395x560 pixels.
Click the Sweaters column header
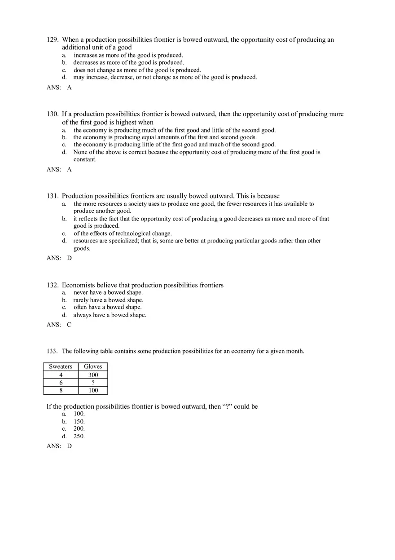coord(61,366)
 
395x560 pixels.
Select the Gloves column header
coord(93,366)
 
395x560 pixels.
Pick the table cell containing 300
coord(93,375)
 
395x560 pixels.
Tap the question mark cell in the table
coord(93,383)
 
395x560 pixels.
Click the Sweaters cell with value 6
coord(61,383)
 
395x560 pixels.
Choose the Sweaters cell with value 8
coord(61,390)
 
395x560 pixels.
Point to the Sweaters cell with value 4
coord(61,375)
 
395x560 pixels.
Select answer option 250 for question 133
coord(79,436)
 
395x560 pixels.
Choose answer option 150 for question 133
coord(79,422)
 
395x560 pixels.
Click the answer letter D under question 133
coord(69,446)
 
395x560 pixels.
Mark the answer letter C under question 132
coord(69,325)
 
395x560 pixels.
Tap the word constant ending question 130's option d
coord(85,159)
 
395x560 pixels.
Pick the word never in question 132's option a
coord(81,293)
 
